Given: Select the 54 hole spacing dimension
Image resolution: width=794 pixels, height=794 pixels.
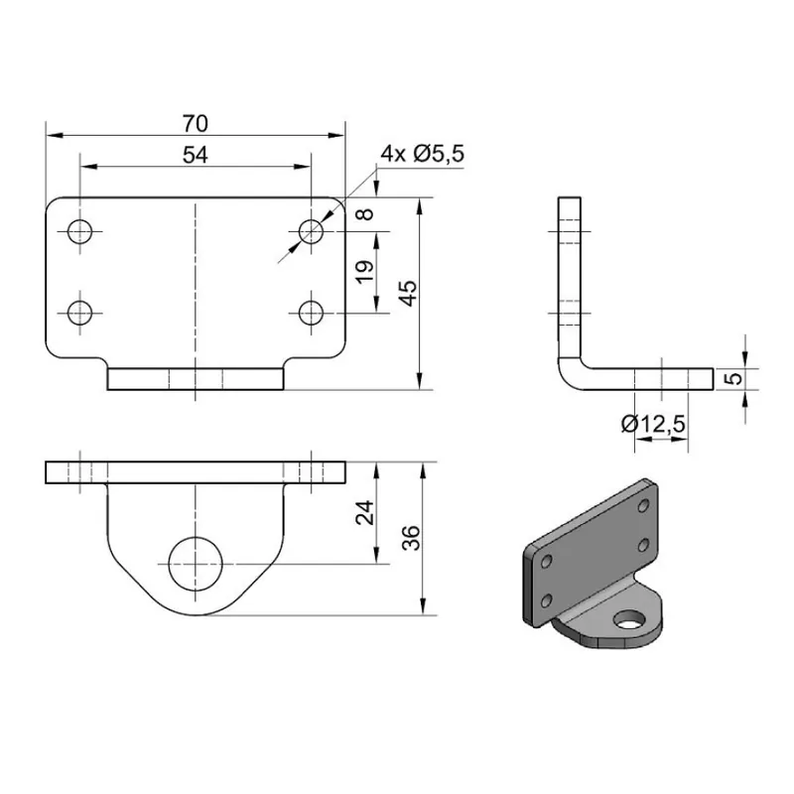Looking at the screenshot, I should click(196, 155).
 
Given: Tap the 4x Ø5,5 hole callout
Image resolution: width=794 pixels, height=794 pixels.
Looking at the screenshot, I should click(423, 154).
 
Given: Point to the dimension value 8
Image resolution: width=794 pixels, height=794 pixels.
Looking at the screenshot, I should click(369, 214).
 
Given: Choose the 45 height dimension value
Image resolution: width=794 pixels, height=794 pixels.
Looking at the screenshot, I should click(406, 293).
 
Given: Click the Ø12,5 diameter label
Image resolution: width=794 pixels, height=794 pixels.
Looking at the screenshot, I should click(653, 424).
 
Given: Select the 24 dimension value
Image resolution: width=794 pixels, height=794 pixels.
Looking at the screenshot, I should click(364, 512).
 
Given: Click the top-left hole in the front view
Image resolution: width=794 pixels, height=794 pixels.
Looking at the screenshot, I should click(79, 232).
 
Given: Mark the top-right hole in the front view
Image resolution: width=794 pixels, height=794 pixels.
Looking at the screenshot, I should click(312, 232).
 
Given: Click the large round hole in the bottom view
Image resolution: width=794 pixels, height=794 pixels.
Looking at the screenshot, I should click(196, 564).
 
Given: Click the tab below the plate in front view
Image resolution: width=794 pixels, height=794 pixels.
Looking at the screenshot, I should click(196, 379).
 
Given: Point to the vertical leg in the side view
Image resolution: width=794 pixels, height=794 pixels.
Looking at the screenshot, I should click(570, 268).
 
